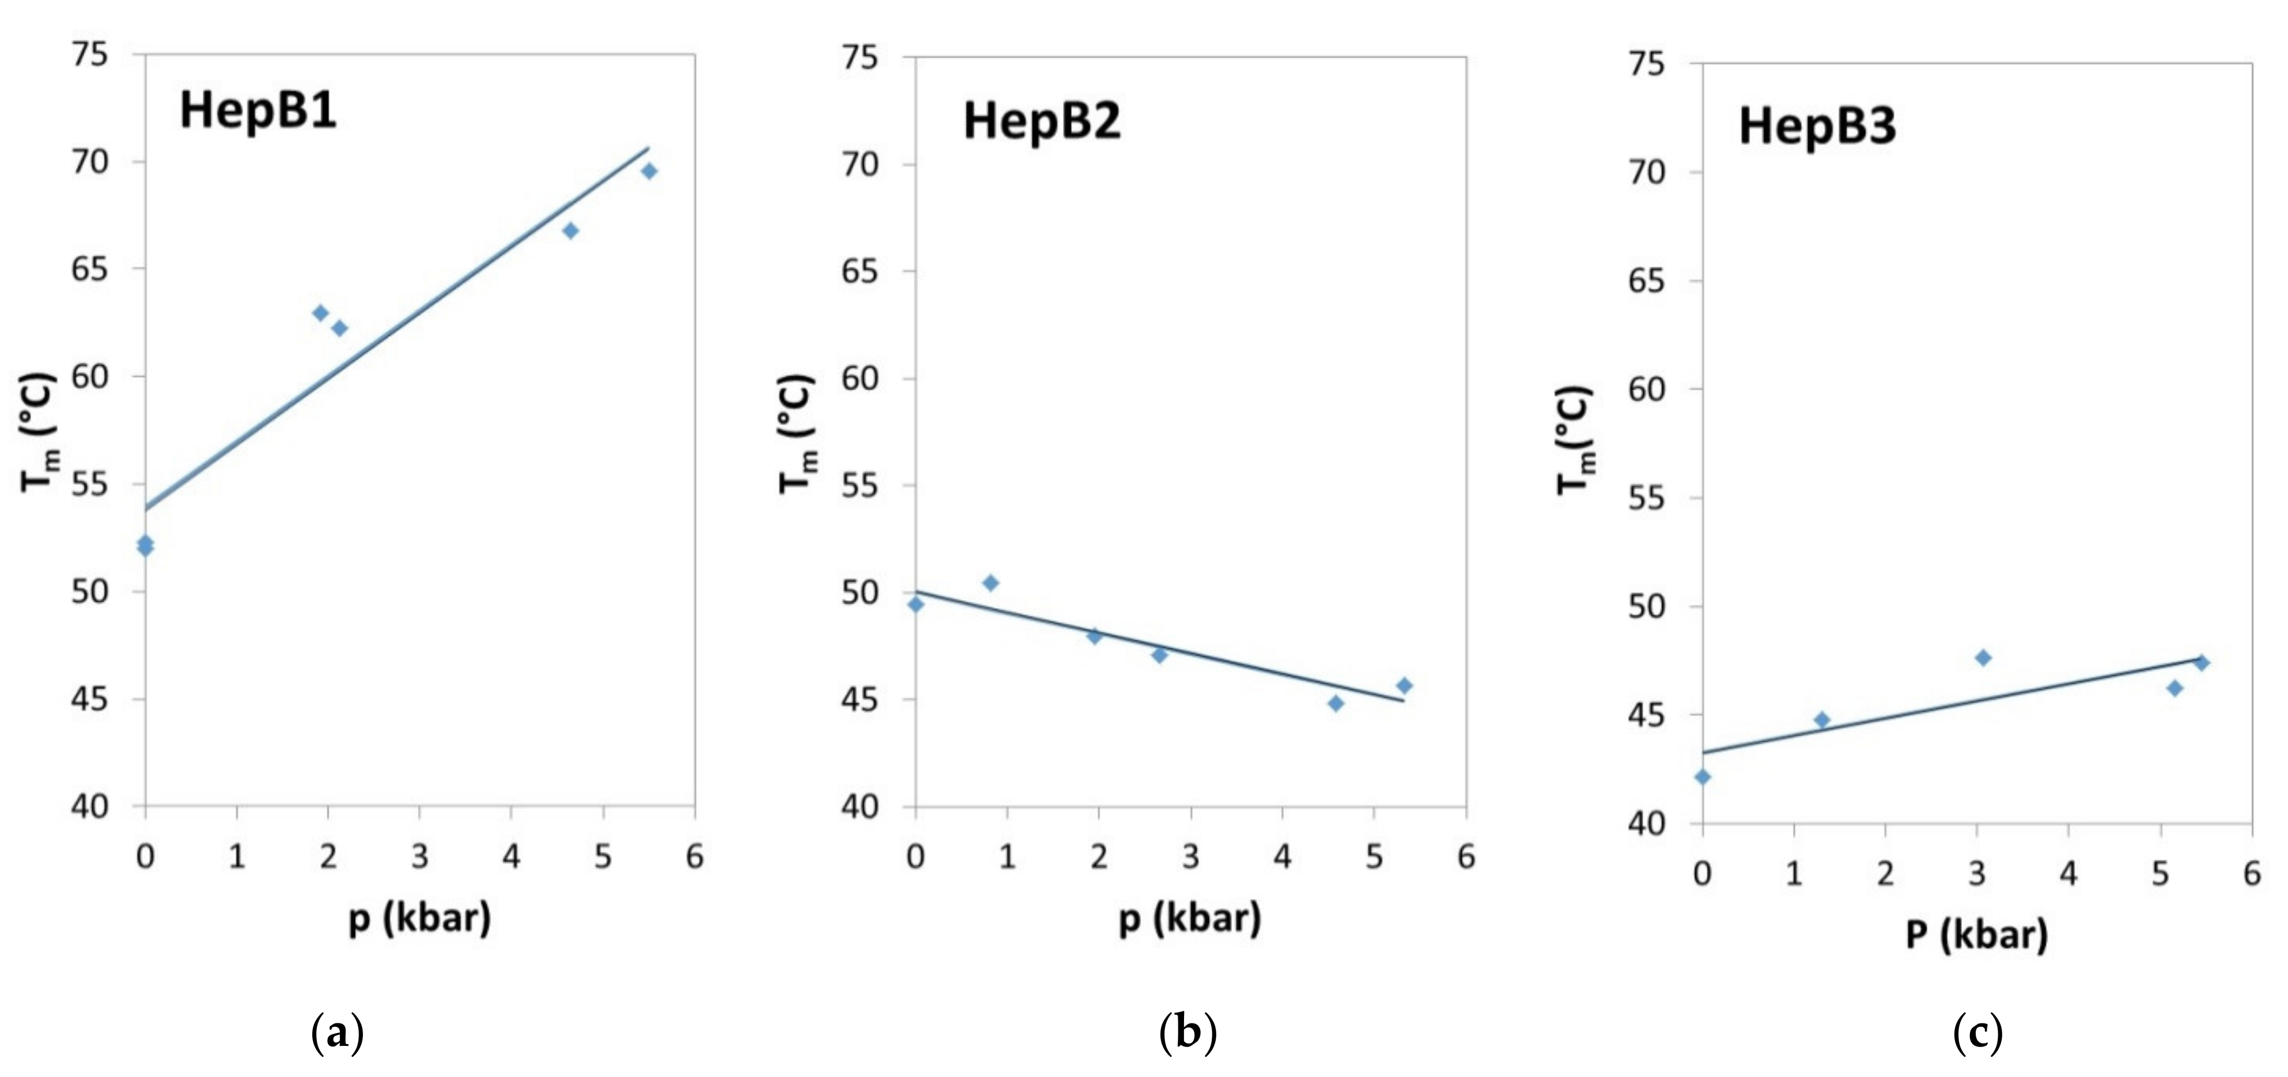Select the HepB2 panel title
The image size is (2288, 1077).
[1041, 121]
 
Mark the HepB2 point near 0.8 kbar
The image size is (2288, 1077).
[990, 582]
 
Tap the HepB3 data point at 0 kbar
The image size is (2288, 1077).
[1703, 777]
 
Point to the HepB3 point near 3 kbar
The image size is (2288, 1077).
[1983, 657]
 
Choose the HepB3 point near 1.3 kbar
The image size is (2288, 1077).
[1822, 719]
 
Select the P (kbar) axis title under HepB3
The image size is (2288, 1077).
[1976, 935]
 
